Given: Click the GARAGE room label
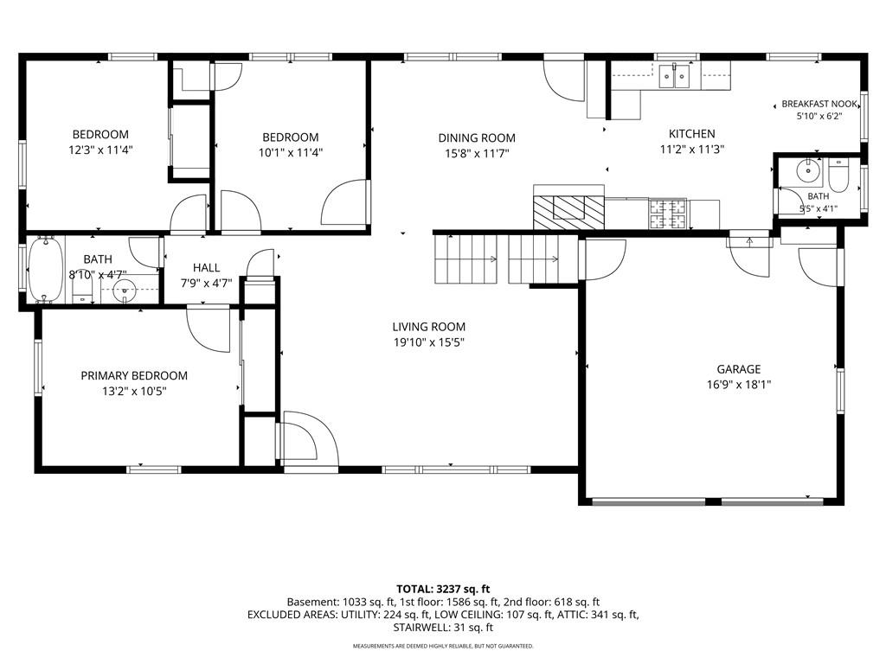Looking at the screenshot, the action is coord(739,369).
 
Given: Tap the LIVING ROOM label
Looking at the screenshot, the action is coord(429,326).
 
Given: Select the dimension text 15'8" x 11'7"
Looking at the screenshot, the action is coord(477,153).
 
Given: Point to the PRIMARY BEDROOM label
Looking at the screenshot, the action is coord(134,375).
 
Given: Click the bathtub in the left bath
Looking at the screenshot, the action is coord(46,271).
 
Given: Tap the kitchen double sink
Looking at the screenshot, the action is coord(675,76).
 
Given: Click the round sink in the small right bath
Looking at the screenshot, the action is coord(809,169).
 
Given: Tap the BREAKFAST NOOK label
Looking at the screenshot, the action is coord(819,104).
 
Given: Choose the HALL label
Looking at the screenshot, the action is coord(206,268).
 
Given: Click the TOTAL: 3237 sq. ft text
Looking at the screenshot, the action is coord(442,590).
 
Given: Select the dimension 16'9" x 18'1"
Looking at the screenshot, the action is coord(739,385).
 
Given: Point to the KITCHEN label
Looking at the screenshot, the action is coord(691,134).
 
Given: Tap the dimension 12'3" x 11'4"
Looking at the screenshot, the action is coord(100,150).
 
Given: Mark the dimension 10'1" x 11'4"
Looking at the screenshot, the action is coord(291,152).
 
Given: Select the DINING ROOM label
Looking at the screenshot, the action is coord(477,137).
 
